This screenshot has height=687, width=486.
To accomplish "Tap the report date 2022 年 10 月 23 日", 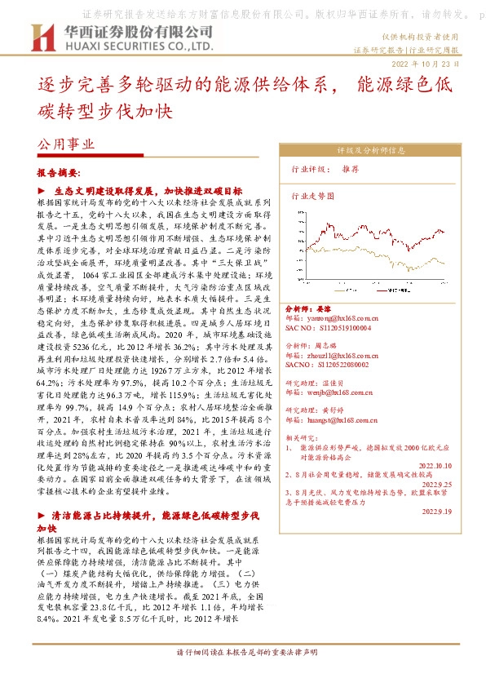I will click(431, 63).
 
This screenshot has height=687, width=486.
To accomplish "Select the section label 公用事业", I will click(67, 144).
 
